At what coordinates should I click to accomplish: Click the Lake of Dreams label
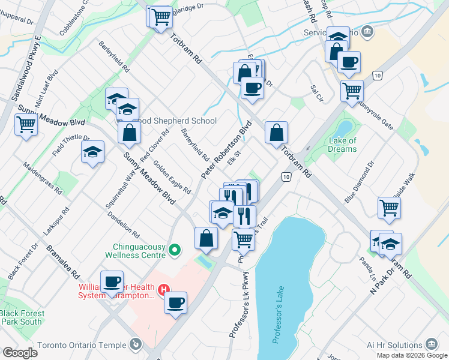coord(343,145)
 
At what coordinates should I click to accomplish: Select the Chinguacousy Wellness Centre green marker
coord(175,249)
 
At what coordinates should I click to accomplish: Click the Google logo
coord(19,353)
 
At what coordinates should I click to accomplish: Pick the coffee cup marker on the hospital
coord(176,302)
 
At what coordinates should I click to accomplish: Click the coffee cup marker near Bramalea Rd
coord(112,281)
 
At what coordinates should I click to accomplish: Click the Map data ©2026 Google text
coord(412,355)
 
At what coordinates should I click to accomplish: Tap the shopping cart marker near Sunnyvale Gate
coord(352,91)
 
